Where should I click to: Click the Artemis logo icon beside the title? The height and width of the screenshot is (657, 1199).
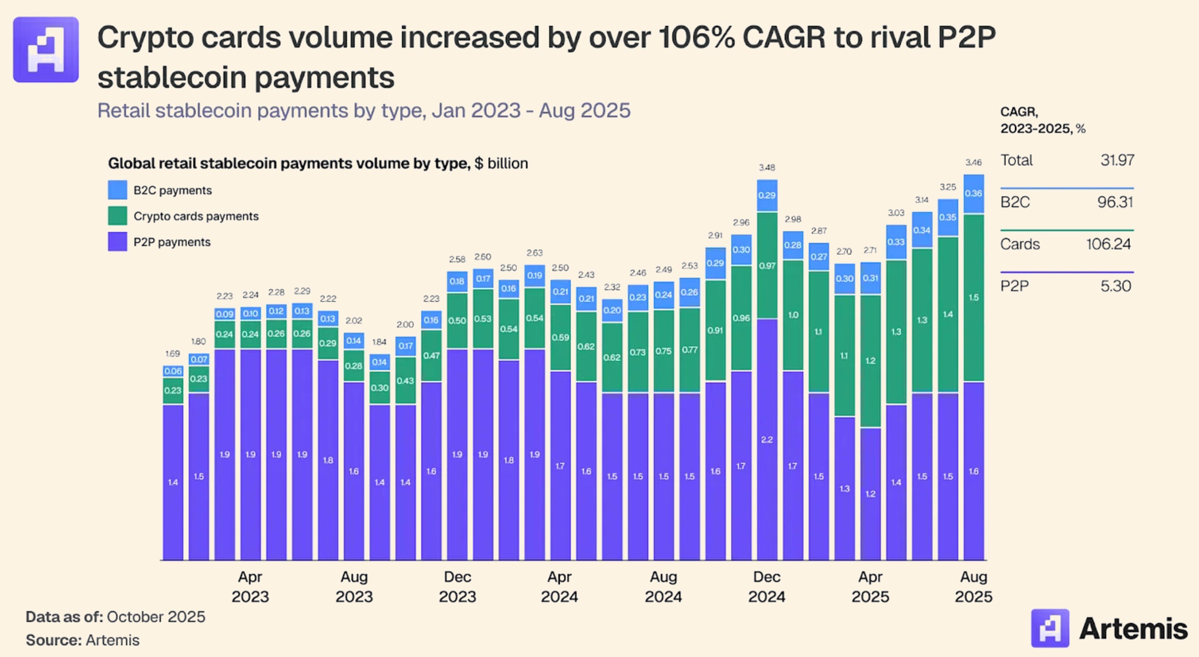tap(46, 50)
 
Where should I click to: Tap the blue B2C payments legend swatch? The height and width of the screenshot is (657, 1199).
tap(117, 190)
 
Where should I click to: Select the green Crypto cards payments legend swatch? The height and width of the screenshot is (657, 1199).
tap(117, 216)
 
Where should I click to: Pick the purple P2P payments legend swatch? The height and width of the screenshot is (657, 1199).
tap(117, 242)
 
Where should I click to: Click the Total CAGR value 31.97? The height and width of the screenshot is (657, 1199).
tap(1116, 160)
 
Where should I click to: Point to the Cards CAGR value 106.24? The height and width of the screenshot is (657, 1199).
tap(1108, 244)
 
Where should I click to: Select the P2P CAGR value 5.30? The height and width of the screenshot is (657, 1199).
tap(1115, 286)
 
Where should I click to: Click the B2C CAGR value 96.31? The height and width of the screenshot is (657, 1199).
tap(1115, 202)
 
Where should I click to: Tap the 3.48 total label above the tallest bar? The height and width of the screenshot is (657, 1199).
tap(767, 167)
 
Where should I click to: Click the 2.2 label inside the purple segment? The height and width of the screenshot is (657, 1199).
tap(767, 440)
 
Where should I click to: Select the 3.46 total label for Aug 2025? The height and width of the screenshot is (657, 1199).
tap(973, 163)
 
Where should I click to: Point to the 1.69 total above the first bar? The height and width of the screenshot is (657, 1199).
tap(172, 353)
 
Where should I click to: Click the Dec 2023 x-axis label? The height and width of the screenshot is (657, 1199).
tap(457, 586)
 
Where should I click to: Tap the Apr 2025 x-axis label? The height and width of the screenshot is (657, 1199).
tap(870, 586)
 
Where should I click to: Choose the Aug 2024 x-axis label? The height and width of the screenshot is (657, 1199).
tap(663, 586)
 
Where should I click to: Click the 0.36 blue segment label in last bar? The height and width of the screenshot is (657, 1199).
tap(973, 193)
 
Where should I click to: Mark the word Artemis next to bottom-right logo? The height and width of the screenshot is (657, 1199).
tap(1133, 629)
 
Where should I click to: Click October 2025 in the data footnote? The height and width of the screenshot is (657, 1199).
tap(156, 616)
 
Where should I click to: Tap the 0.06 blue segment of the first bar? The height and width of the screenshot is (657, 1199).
tap(173, 371)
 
